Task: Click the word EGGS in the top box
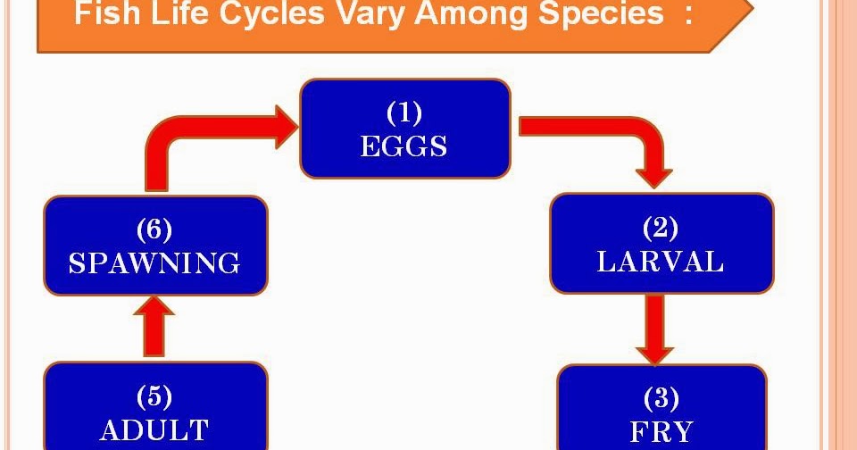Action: click(404, 146)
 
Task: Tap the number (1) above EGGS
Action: click(404, 113)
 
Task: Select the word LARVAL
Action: click(661, 262)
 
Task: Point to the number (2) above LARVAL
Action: click(661, 229)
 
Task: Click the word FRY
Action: click(661, 432)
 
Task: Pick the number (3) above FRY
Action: click(661, 398)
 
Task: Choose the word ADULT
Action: click(154, 429)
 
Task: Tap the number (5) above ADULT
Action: click(154, 396)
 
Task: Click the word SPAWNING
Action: click(154, 263)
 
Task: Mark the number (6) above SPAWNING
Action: click(154, 229)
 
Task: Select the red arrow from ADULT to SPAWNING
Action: click(154, 328)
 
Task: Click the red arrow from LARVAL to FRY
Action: click(656, 329)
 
